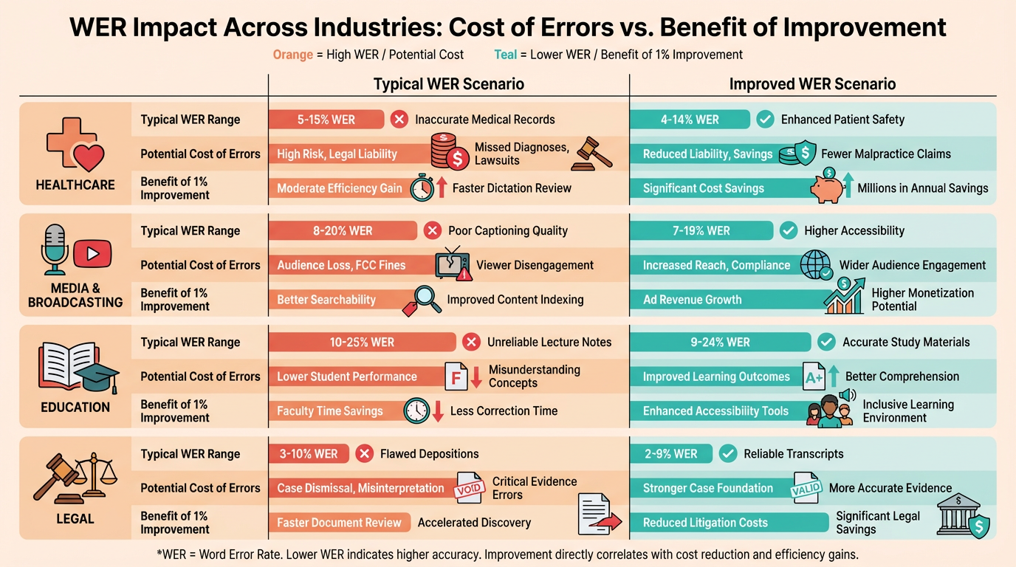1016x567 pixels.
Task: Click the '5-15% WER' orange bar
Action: click(326, 120)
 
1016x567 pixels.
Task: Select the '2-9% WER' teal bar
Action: click(670, 454)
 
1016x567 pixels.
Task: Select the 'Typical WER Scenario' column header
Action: click(448, 83)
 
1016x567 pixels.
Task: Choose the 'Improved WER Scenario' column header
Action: click(812, 83)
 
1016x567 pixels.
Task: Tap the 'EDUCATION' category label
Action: click(75, 407)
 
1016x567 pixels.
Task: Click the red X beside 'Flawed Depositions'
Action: click(364, 454)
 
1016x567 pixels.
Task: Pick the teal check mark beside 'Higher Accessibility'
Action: click(789, 230)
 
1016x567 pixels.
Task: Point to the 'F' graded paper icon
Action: click(455, 377)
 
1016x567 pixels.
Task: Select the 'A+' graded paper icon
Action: click(814, 377)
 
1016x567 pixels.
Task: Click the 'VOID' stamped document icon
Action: click(469, 488)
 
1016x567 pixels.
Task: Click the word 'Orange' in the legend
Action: click(293, 55)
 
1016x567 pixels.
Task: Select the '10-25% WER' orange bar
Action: click(362, 343)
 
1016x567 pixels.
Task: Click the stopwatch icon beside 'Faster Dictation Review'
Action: click(422, 188)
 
